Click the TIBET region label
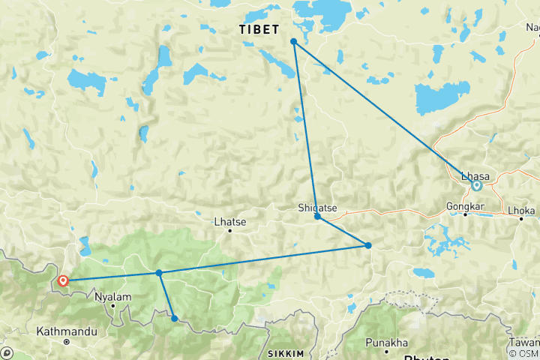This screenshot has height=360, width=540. point(259,29)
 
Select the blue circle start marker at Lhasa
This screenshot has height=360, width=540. point(476,185)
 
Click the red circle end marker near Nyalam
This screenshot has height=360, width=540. point(62,281)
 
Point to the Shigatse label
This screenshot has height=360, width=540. point(315,208)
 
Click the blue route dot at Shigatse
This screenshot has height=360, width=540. point(318,217)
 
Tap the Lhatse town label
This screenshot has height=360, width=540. point(230,221)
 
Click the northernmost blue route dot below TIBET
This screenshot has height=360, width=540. point(294,41)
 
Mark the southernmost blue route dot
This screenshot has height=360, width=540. point(175,319)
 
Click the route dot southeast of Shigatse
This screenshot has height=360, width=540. point(368,245)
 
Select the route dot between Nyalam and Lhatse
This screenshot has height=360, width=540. point(159,273)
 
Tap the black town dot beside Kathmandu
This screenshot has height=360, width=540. point(67,341)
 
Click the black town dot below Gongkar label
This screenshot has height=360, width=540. point(464,214)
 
